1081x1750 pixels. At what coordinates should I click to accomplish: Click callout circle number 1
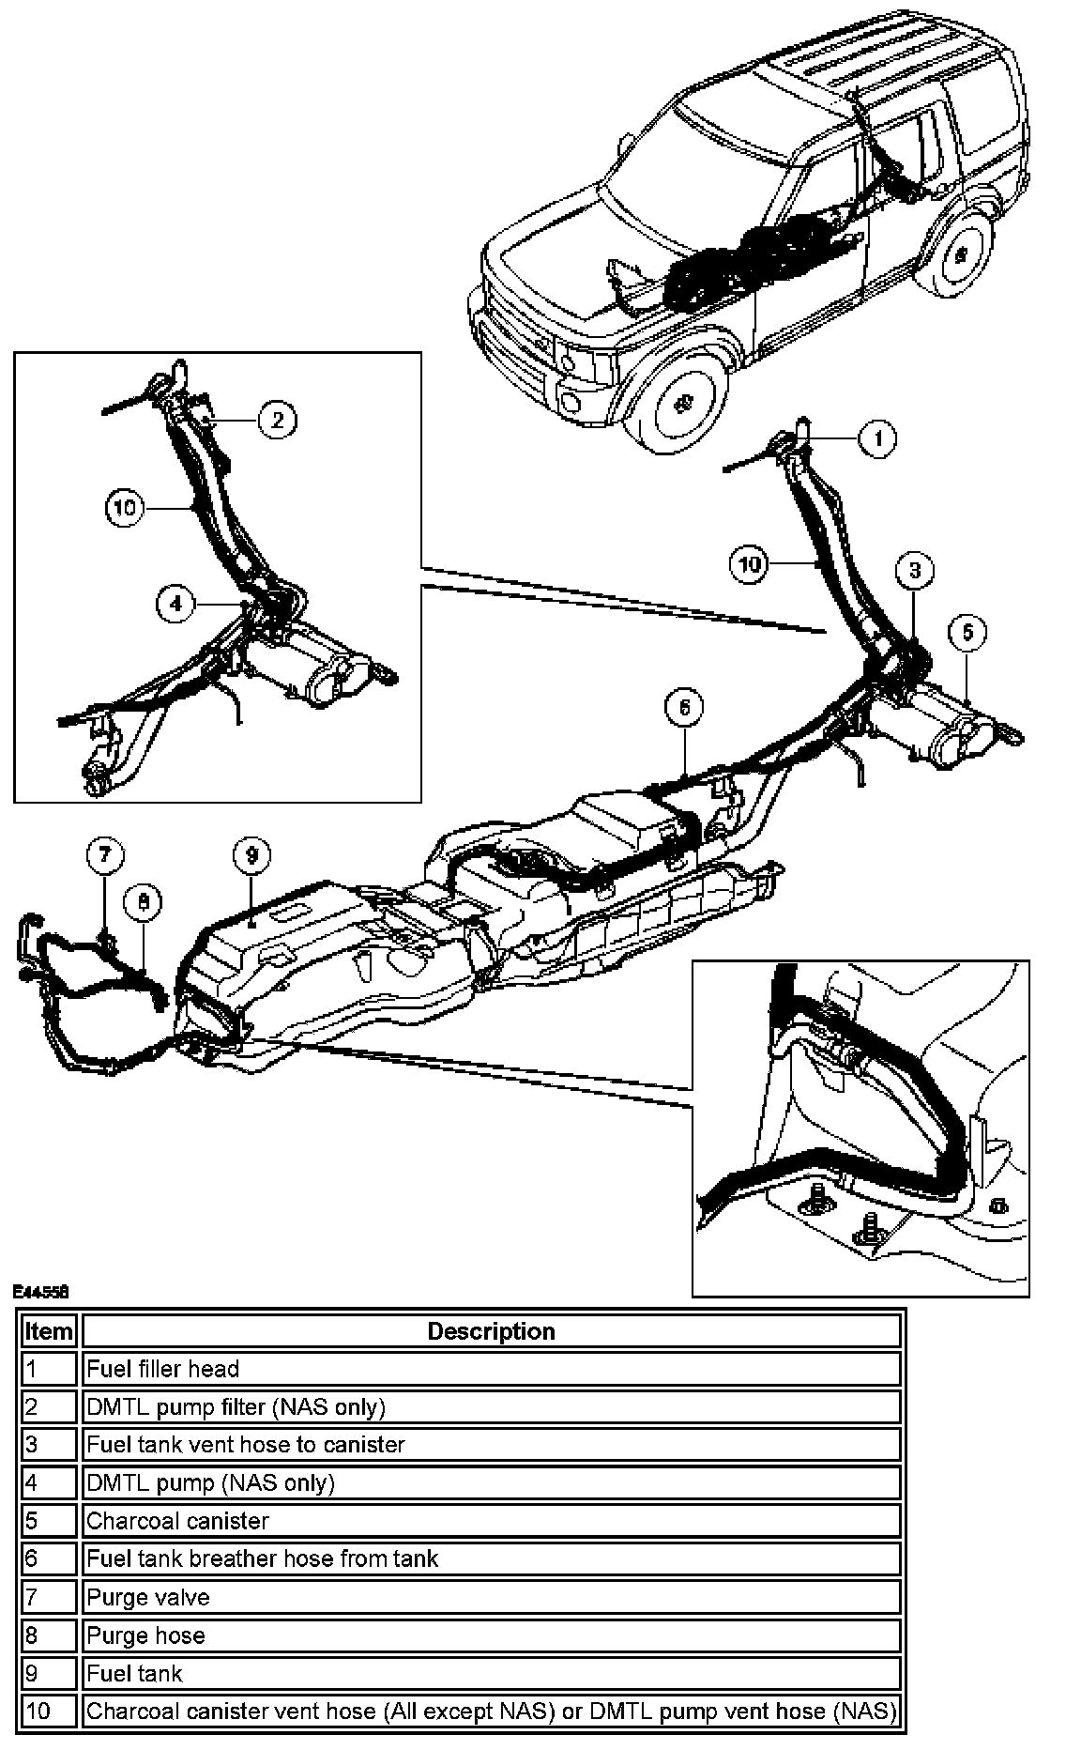877,438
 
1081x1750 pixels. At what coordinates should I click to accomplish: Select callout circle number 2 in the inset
278,420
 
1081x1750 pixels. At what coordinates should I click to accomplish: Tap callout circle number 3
915,570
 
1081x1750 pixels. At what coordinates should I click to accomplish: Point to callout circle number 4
176,605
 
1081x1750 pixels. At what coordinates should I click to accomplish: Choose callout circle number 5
967,633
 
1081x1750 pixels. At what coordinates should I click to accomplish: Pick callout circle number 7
105,854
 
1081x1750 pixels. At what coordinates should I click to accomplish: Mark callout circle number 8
143,902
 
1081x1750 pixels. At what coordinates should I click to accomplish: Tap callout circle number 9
251,854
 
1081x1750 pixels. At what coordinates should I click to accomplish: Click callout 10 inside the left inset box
125,508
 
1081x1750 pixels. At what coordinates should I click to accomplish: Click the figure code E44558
40,1292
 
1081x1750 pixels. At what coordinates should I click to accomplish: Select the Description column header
491,1331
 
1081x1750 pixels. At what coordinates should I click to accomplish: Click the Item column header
49,1331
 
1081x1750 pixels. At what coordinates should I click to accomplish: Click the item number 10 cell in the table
49,1711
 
